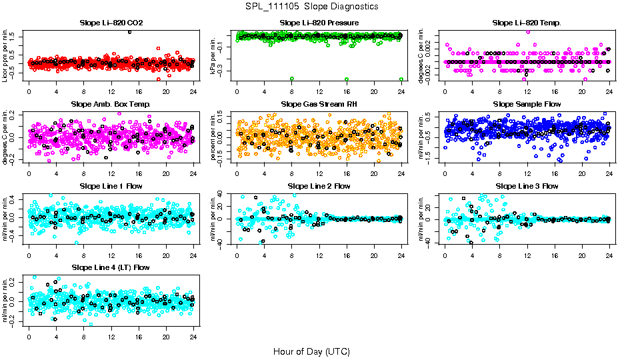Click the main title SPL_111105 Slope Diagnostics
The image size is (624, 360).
311,6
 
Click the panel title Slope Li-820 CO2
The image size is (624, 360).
111,23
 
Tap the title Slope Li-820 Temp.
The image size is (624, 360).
527,23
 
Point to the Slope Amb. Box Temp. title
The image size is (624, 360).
111,104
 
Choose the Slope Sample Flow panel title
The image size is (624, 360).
527,104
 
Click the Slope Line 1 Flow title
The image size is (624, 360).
111,186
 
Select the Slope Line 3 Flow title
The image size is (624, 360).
527,186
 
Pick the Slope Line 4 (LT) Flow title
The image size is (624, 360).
111,267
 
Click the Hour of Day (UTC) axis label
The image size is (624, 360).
311,351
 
